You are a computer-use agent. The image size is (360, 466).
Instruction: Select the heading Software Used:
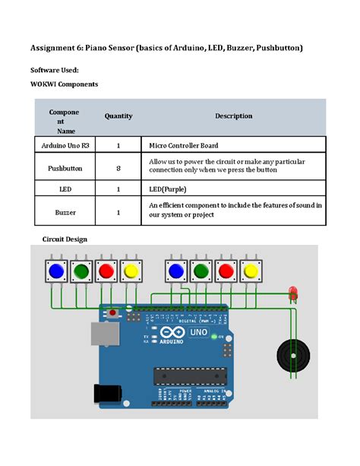(53, 70)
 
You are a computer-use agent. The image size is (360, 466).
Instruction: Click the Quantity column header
(118, 116)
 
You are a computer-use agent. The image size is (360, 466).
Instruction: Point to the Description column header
(233, 116)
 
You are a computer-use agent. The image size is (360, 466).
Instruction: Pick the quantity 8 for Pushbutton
(118, 167)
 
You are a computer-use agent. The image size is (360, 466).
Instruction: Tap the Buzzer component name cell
(65, 214)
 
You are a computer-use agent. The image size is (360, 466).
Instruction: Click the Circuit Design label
(65, 239)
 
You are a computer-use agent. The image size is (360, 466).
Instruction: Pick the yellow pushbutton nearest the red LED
(251, 271)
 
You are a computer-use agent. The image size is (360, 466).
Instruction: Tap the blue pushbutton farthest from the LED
(56, 271)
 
